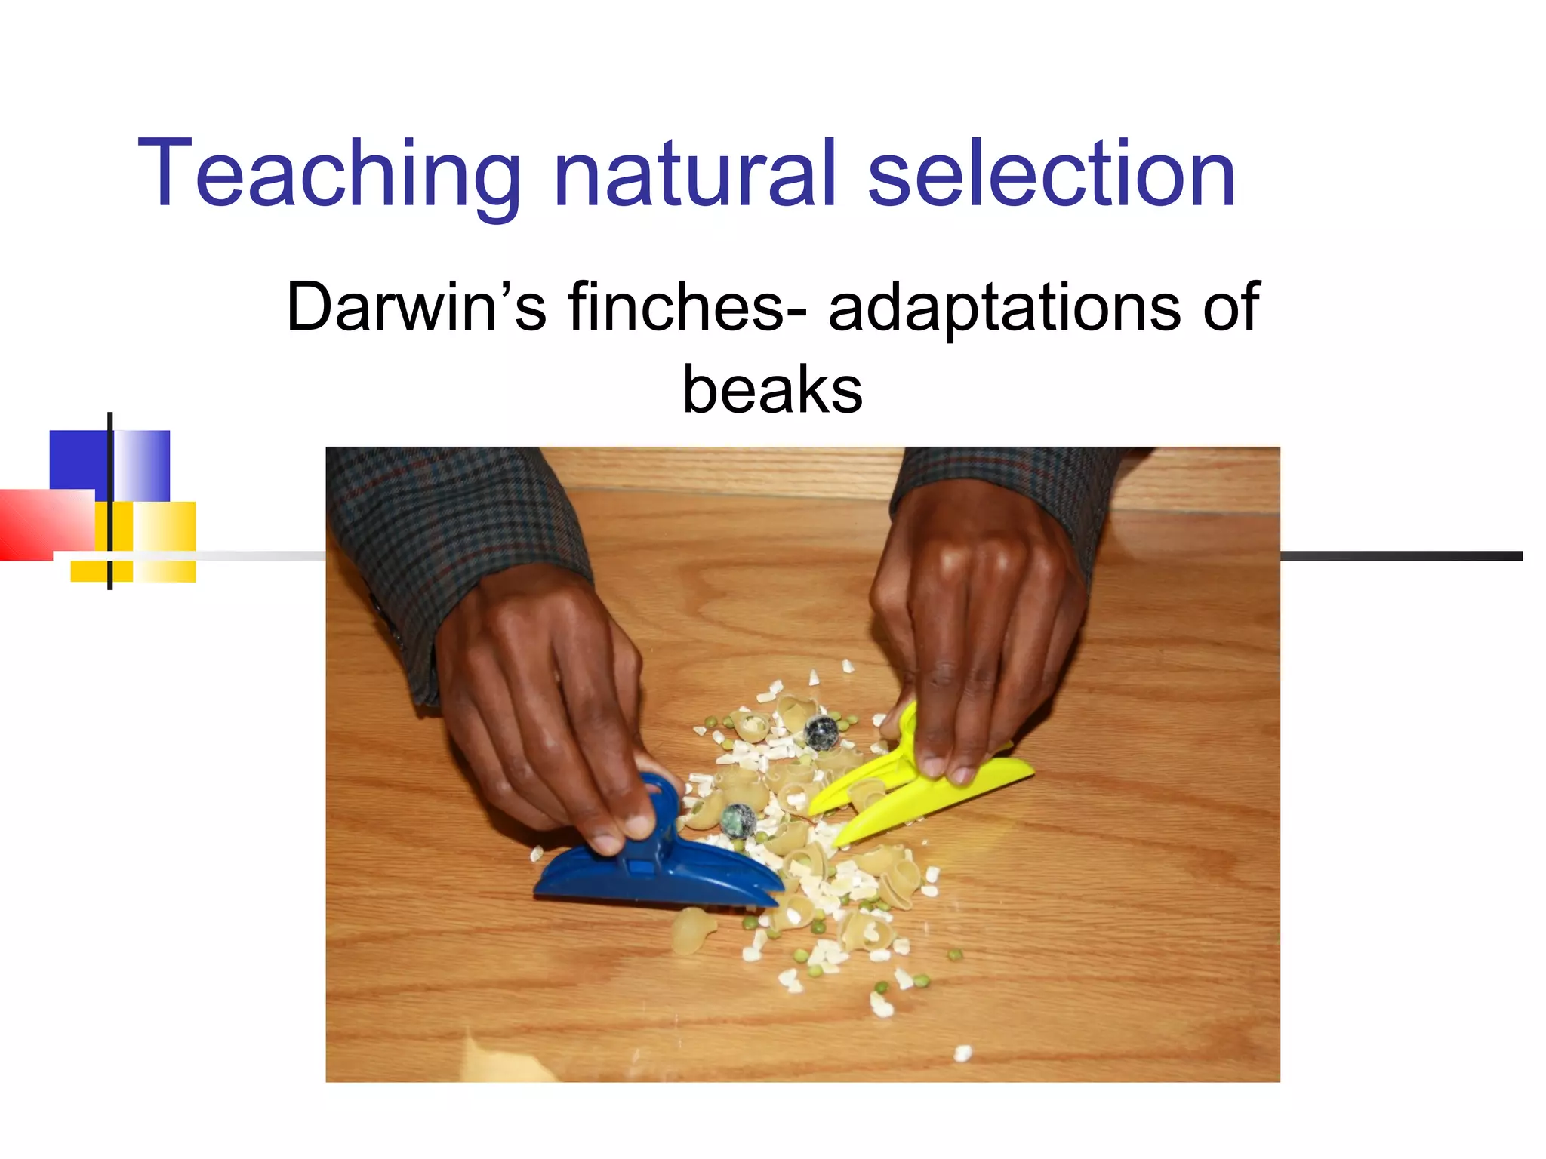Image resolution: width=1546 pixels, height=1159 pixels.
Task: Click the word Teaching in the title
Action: (328, 175)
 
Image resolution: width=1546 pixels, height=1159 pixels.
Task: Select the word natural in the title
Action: (695, 174)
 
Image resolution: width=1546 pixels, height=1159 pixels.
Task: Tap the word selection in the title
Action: (1052, 174)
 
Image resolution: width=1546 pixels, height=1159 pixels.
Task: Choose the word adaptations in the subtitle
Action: (1004, 307)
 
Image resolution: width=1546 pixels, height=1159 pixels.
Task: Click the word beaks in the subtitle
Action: (772, 390)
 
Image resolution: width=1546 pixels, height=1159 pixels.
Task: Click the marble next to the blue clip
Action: (738, 821)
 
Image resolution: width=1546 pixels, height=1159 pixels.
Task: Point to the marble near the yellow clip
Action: (821, 732)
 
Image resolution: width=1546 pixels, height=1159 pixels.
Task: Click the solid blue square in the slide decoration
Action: (78, 460)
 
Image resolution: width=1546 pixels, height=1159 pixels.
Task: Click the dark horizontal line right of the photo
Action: (1400, 556)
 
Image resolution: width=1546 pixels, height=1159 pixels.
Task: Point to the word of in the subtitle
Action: (1231, 307)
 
